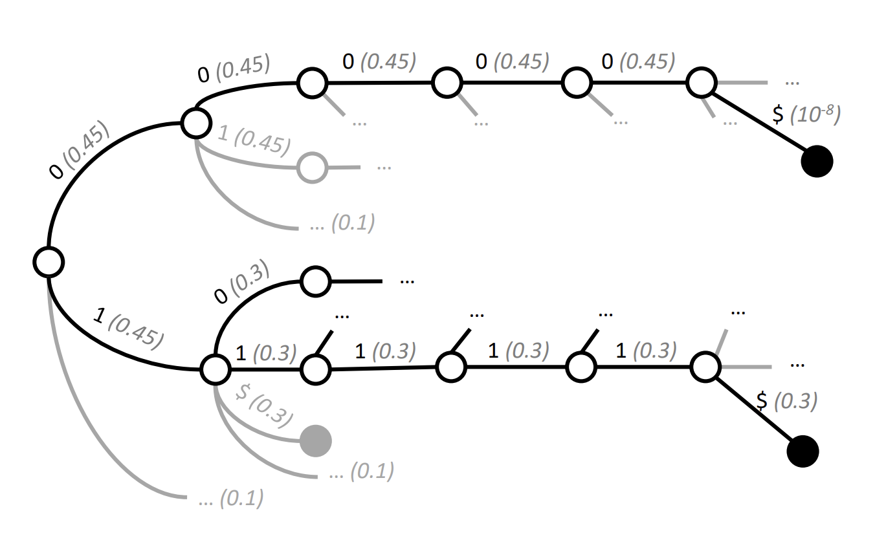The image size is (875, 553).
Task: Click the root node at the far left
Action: click(x=49, y=263)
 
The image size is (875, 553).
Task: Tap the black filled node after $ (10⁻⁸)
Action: click(x=817, y=161)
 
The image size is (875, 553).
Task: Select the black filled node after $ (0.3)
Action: click(x=803, y=451)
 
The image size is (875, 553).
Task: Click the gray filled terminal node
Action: click(x=316, y=440)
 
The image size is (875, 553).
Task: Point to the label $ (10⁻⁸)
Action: click(x=806, y=114)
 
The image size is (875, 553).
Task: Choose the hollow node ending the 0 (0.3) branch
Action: click(x=316, y=281)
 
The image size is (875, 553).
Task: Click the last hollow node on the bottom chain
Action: click(x=705, y=367)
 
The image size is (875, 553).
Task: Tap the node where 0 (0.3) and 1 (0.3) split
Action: click(x=215, y=369)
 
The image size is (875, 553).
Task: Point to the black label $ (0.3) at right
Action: click(x=786, y=401)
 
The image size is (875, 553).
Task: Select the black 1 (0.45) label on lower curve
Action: click(x=128, y=331)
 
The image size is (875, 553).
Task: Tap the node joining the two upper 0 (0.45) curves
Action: click(x=196, y=122)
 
